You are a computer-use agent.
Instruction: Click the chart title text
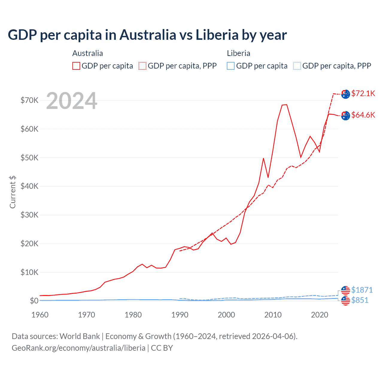pyautogui.click(x=147, y=35)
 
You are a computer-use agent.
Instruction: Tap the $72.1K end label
pyautogui.click(x=363, y=93)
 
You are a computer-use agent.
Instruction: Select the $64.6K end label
pyautogui.click(x=363, y=115)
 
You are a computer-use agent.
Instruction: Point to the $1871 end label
pyautogui.click(x=362, y=290)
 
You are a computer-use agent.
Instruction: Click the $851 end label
pyautogui.click(x=360, y=300)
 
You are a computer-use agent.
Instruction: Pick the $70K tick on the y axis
pyautogui.click(x=29, y=100)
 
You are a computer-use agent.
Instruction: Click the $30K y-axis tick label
pyautogui.click(x=29, y=215)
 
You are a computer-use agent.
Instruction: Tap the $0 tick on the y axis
pyautogui.click(x=34, y=301)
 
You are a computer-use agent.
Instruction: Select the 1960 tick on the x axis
pyautogui.click(x=40, y=315)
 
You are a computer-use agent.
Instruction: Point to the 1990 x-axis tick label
pyautogui.click(x=180, y=315)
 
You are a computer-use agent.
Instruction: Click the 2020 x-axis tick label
pyautogui.click(x=320, y=315)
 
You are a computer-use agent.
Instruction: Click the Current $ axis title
pyautogui.click(x=13, y=192)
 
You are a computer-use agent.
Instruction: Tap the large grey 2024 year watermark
pyautogui.click(x=72, y=101)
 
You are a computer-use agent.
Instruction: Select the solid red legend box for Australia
pyautogui.click(x=76, y=66)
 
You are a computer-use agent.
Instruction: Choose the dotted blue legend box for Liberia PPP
pyautogui.click(x=297, y=66)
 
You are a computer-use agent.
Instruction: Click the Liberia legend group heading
pyautogui.click(x=238, y=53)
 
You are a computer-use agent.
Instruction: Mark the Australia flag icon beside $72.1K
pyautogui.click(x=345, y=94)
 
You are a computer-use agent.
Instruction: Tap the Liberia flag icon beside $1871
pyautogui.click(x=345, y=290)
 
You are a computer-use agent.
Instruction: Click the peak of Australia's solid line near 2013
pyautogui.click(x=286, y=104)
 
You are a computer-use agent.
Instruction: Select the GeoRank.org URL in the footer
pyautogui.click(x=78, y=348)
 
